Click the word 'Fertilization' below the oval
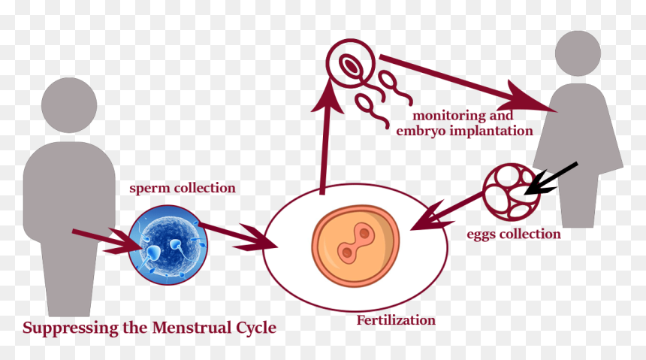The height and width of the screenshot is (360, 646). tap(396, 320)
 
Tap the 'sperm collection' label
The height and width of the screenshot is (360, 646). tap(183, 188)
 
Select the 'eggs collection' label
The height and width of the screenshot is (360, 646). tap(514, 234)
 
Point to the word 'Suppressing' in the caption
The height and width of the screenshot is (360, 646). tap(71, 328)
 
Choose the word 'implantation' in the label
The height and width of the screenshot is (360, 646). tap(491, 131)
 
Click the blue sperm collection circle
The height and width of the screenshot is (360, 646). tap(168, 245)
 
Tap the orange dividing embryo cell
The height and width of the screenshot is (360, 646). tap(355, 247)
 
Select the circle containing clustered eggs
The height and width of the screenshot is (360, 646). tap(512, 192)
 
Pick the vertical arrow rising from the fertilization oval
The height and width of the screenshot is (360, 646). tap(326, 136)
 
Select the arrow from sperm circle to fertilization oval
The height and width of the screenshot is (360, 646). tap(237, 236)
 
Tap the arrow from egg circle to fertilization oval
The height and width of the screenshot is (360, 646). tap(447, 211)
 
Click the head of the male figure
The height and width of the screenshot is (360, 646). tap(69, 105)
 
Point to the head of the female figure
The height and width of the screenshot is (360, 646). tap(578, 53)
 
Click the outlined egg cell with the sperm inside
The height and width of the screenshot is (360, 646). tap(351, 64)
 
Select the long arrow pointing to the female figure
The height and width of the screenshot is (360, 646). tap(469, 83)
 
